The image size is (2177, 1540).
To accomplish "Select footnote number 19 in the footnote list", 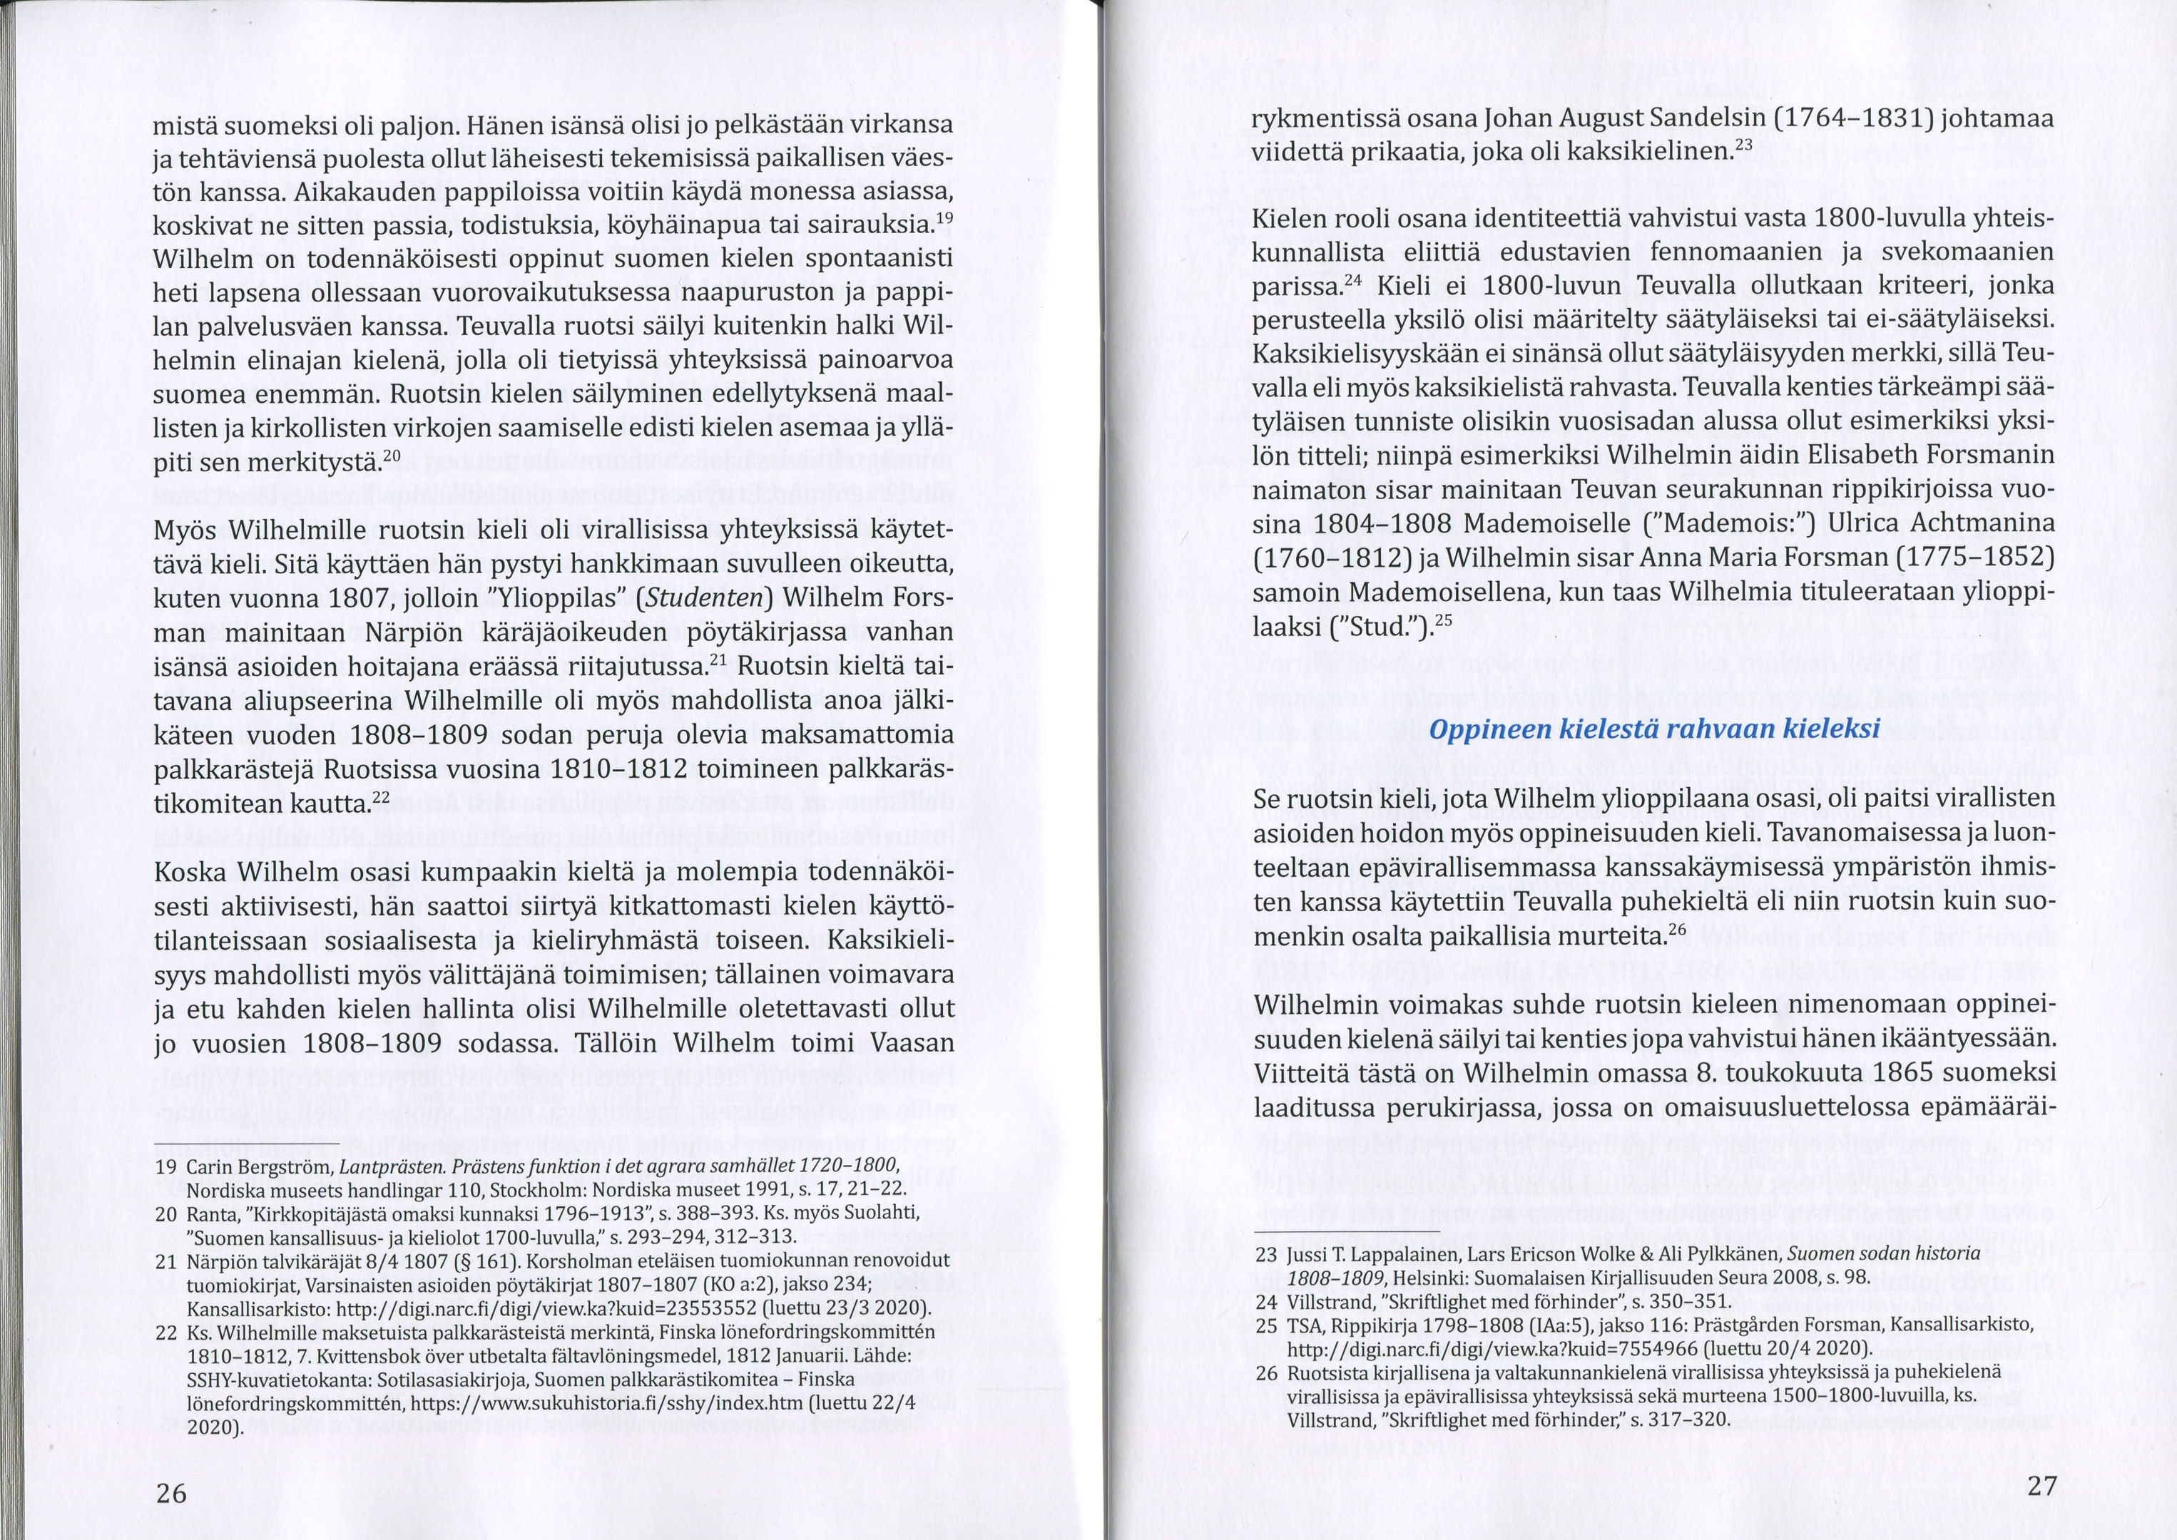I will pos(166,1166).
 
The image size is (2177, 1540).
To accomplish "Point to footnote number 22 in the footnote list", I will pos(166,1333).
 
